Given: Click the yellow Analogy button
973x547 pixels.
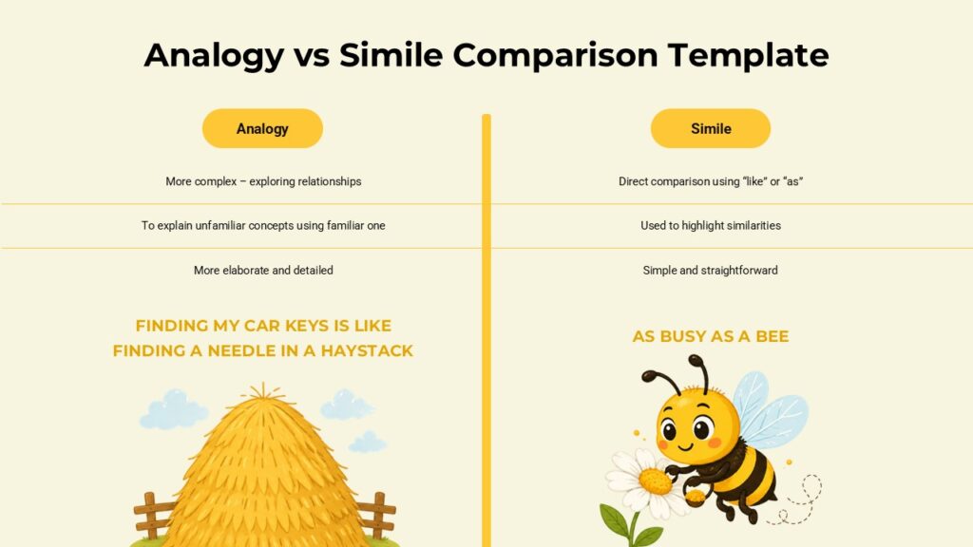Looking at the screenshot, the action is point(262,128).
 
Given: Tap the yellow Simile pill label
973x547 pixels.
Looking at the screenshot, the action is point(711,128).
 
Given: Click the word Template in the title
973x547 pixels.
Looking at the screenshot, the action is point(749,56).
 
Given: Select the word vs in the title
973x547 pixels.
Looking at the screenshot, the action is point(312,56).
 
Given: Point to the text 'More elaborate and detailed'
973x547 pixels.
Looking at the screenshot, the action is point(263,271).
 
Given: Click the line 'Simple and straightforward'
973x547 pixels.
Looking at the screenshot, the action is point(711,271).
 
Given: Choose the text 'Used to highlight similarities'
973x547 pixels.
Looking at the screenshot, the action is point(711,226).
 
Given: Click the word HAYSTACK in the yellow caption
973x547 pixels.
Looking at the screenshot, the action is point(367,351).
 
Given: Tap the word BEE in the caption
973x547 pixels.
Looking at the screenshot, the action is point(772,337).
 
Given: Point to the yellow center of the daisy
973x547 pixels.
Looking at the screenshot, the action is point(655,481).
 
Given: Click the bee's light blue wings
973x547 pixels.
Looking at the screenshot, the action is point(770,410).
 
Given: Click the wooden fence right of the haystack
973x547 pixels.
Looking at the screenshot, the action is point(376,516).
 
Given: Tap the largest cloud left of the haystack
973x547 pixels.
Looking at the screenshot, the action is point(173,409).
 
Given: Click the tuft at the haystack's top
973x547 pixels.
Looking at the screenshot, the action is point(263,392).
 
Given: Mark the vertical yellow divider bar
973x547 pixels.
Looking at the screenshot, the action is point(486,330).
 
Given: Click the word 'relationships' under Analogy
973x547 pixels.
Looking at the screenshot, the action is point(330,181).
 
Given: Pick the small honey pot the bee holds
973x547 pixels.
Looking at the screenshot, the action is point(695,496).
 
